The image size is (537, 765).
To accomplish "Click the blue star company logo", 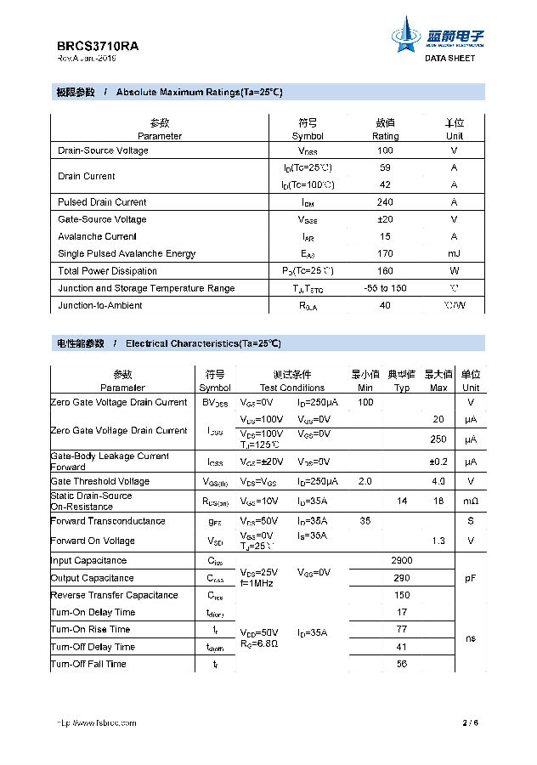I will click(406, 38).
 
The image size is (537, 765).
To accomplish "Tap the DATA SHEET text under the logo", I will click(450, 59).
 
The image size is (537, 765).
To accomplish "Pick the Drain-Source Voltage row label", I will click(103, 150).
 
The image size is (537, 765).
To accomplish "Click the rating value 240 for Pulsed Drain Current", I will click(385, 202).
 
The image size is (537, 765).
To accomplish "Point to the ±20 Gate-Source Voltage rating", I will click(385, 219).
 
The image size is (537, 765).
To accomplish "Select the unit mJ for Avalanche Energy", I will click(455, 253).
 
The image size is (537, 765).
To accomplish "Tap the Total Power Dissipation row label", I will click(107, 271).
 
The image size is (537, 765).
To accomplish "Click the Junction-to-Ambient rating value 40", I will click(385, 305).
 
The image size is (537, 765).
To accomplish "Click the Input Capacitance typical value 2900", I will click(402, 561).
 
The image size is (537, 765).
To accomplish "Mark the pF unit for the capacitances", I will click(471, 578).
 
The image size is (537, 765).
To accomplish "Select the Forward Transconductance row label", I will click(108, 521).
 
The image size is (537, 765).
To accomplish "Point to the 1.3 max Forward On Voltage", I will click(438, 541).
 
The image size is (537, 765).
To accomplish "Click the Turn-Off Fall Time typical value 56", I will click(402, 664).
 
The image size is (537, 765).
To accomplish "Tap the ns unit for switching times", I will click(471, 638).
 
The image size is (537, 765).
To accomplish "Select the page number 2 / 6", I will click(471, 722).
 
